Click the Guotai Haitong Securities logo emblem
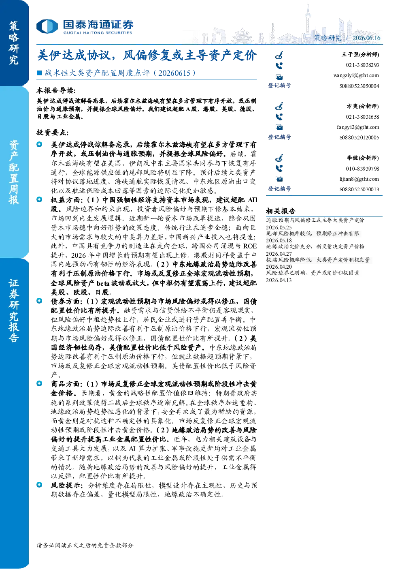click(x=47, y=26)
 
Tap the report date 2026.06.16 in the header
click(x=366, y=38)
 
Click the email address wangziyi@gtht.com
click(x=356, y=75)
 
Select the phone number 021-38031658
click(x=362, y=117)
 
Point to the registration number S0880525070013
click(x=359, y=189)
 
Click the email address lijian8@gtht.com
click(x=359, y=179)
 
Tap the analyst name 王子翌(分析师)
click(x=360, y=55)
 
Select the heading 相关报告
click(x=281, y=211)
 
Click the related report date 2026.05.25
click(x=279, y=227)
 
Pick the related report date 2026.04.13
click(x=279, y=280)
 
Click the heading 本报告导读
click(x=56, y=90)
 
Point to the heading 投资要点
click(x=52, y=133)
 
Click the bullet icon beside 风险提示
click(x=39, y=485)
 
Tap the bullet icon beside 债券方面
click(x=39, y=301)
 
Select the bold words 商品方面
click(x=65, y=384)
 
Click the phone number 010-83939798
click(x=362, y=169)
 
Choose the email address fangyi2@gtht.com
click(x=358, y=127)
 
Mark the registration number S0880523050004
click(x=359, y=86)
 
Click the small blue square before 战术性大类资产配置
click(x=39, y=73)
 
